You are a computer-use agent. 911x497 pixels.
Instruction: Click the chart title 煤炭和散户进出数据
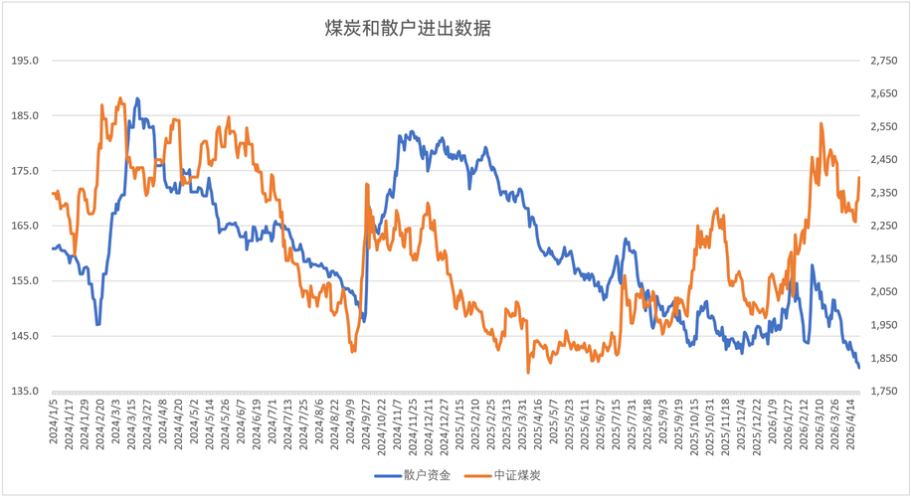(x=408, y=29)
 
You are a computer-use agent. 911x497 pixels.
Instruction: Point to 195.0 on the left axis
(x=25, y=61)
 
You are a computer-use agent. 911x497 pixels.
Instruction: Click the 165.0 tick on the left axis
(x=25, y=226)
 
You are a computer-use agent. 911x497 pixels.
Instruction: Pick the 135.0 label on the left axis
(x=25, y=391)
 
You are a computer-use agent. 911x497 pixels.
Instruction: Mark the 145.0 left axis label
(x=25, y=336)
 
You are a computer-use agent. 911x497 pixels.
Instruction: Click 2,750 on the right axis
(x=883, y=61)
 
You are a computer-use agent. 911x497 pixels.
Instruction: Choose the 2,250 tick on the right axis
(x=883, y=226)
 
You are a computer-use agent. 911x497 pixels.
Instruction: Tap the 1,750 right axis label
(x=883, y=391)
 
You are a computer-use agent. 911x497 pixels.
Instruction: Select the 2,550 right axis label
(x=883, y=127)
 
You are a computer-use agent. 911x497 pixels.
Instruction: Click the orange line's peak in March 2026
(x=821, y=124)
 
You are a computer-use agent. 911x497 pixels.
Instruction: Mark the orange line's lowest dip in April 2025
(x=528, y=373)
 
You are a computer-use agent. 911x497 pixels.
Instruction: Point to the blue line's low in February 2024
(x=97, y=324)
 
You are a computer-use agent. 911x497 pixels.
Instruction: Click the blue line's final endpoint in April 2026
(x=859, y=368)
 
